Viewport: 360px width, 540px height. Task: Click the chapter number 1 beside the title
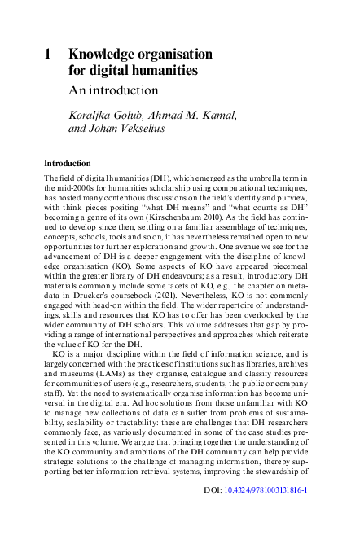[x=48, y=55]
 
